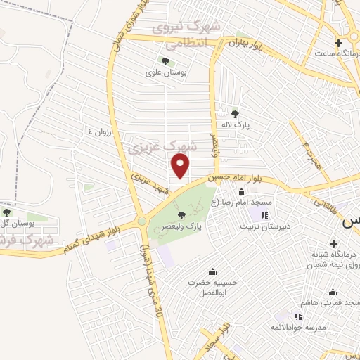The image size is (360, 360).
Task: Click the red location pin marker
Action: click(x=181, y=165)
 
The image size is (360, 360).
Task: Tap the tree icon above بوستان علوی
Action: click(x=165, y=61)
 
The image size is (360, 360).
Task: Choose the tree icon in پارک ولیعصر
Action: click(x=181, y=215)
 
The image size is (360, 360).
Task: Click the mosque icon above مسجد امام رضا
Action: click(x=242, y=192)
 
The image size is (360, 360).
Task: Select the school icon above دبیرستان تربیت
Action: click(x=264, y=215)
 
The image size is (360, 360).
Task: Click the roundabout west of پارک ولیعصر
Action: click(x=142, y=221)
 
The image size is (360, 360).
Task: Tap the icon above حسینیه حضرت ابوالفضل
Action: click(x=212, y=272)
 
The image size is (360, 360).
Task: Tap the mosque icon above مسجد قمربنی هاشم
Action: click(x=333, y=292)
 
